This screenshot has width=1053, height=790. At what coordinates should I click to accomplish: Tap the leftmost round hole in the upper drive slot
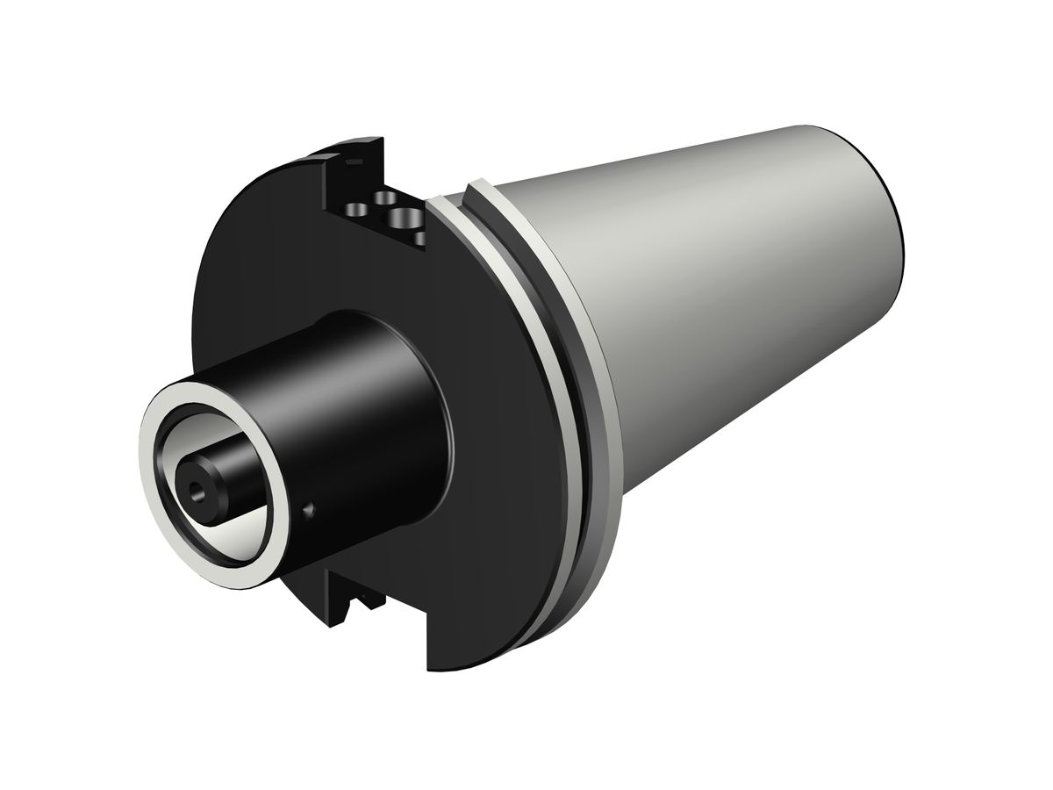357,210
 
